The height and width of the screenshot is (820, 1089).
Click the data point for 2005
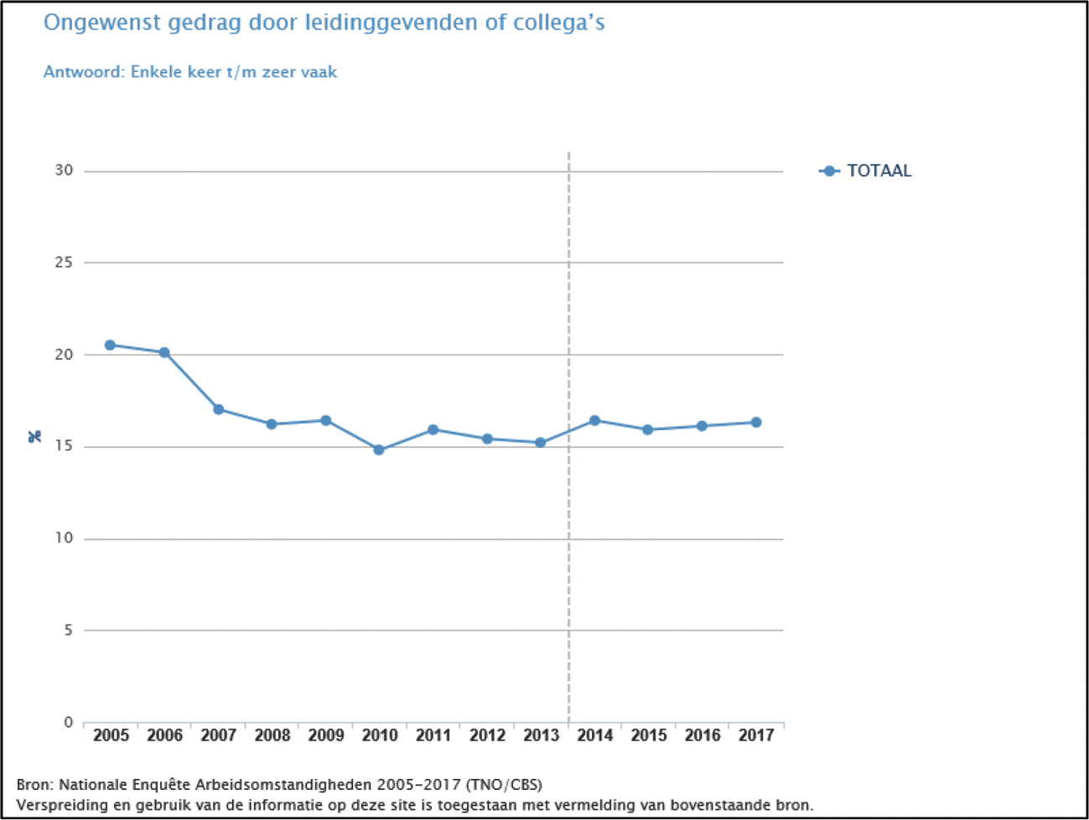tap(110, 345)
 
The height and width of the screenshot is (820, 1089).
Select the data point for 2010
tap(379, 450)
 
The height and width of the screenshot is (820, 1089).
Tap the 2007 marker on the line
tap(218, 409)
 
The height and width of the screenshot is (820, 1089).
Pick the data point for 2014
tap(594, 420)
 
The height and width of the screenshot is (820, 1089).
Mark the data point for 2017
tap(756, 423)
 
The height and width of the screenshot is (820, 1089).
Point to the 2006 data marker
tap(164, 352)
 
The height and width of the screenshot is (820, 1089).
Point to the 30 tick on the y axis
tap(64, 170)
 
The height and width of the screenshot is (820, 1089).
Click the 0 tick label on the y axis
tap(68, 722)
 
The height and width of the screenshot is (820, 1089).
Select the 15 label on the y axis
tap(64, 446)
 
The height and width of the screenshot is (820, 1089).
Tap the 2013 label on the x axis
tap(541, 735)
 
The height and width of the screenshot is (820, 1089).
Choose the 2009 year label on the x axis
tap(325, 735)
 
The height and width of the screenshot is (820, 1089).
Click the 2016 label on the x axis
tap(702, 735)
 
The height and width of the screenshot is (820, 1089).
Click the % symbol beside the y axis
tap(34, 436)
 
